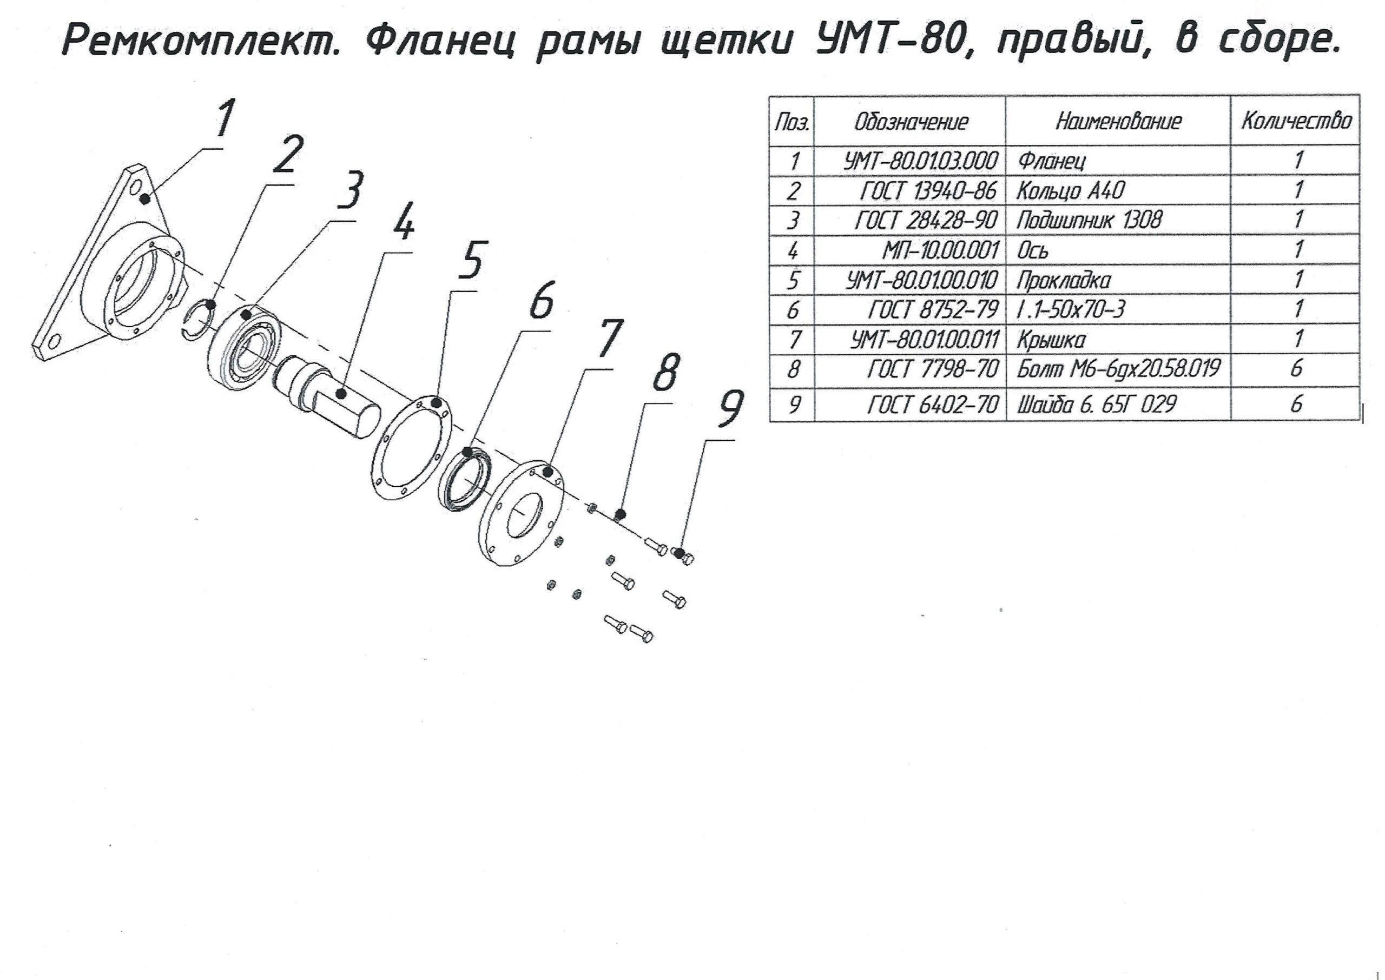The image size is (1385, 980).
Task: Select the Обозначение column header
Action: pos(911,122)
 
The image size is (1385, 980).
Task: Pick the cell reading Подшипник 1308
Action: pos(1089,220)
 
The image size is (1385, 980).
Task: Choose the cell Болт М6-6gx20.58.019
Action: pos(1118,369)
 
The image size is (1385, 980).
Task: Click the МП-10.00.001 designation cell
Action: pos(941,250)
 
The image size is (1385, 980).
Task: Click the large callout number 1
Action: pos(225,119)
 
